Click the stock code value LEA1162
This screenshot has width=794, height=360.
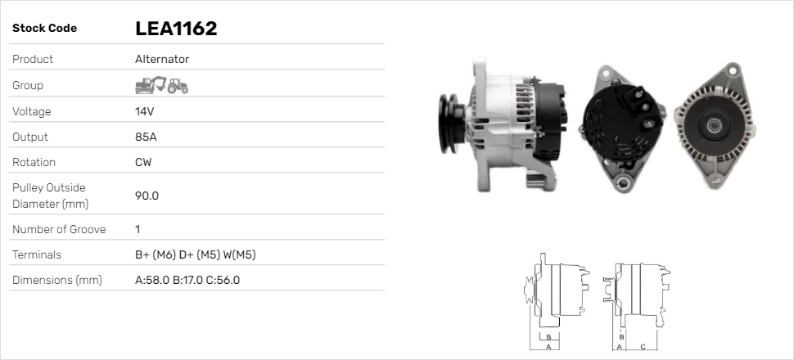[x=175, y=29]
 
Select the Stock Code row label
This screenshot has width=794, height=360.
[x=44, y=29]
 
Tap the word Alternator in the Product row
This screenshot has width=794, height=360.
[x=162, y=60]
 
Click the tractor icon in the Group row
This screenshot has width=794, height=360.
[x=178, y=85]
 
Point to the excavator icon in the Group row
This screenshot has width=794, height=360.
[x=150, y=84]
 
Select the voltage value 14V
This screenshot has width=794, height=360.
[x=145, y=111]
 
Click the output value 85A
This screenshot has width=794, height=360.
[x=146, y=137]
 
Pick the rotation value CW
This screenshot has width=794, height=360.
[x=143, y=162]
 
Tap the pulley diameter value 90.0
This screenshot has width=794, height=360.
[x=147, y=196]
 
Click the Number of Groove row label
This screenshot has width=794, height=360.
[x=59, y=229]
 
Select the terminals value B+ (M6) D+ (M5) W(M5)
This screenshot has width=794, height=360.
[x=195, y=254]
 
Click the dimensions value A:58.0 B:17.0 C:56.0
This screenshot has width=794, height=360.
[x=187, y=280]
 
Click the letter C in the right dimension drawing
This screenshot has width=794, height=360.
[x=643, y=347]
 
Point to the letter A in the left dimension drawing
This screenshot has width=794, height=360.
[x=548, y=347]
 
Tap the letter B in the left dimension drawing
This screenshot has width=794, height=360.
[x=550, y=336]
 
